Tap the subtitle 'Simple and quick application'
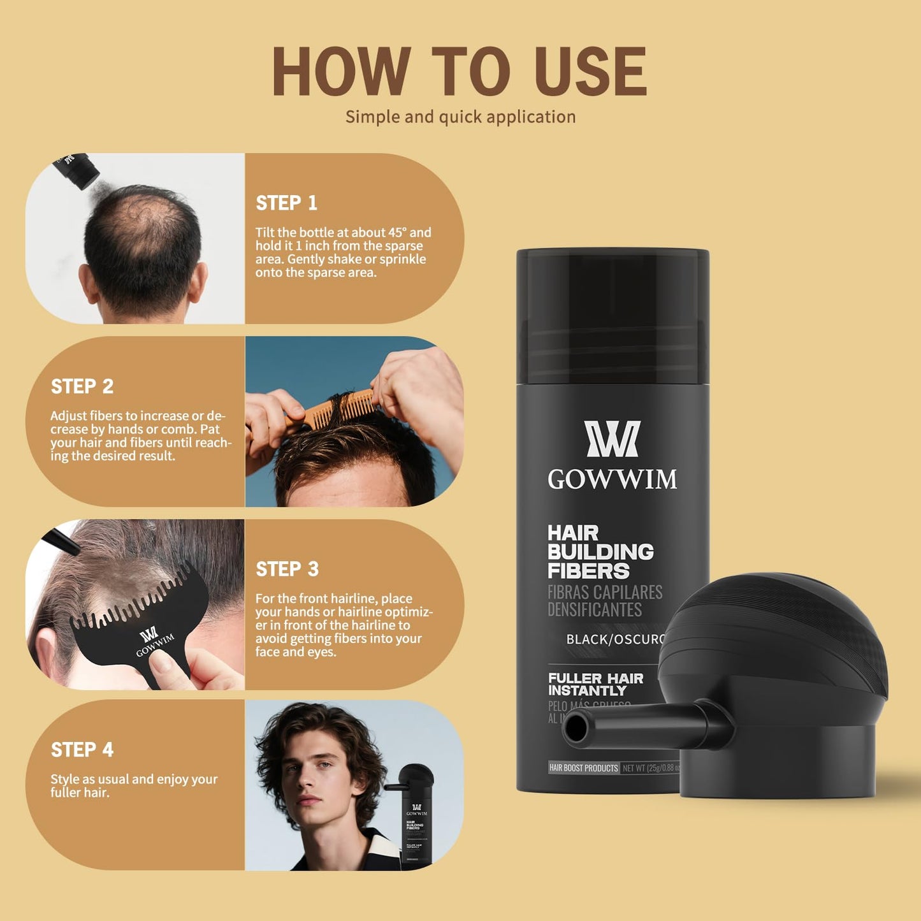[x=460, y=117]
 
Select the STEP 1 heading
[x=286, y=203]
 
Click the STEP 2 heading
[x=82, y=386]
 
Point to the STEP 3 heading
[x=287, y=569]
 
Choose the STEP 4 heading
[x=82, y=750]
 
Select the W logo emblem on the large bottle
[x=612, y=439]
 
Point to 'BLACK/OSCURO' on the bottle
[x=615, y=639]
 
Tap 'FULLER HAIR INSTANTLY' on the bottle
[x=595, y=685]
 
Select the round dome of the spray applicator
[x=771, y=631]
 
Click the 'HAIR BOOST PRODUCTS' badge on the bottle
[x=583, y=768]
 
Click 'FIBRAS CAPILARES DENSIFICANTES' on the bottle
[x=604, y=601]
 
